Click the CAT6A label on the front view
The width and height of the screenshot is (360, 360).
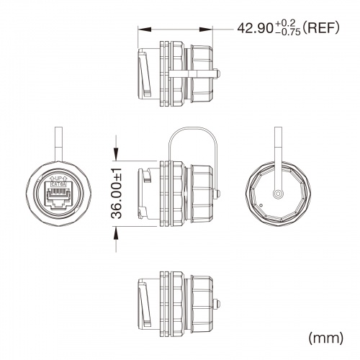tap(58, 184)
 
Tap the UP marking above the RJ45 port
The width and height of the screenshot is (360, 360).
tap(58, 178)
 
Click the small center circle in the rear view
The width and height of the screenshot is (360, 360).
tap(278, 194)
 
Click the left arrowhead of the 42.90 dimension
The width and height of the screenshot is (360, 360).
tap(140, 30)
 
